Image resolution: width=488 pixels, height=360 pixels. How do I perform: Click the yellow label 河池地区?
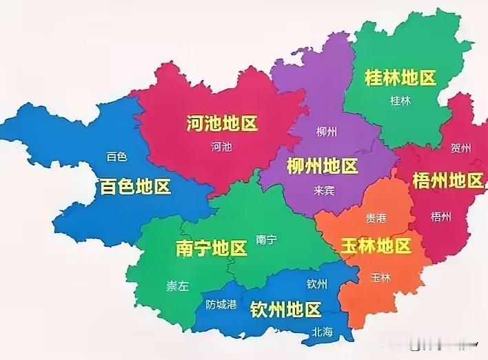pos(222,124)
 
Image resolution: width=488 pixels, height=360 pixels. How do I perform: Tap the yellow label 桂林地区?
pos(400,78)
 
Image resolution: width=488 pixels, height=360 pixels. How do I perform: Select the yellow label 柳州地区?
pos(322,166)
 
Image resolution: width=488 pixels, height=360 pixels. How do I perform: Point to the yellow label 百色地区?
pos(135,186)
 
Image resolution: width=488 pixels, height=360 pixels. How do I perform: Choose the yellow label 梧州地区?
pos(447,181)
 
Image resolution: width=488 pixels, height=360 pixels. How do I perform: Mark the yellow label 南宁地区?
pos(212,248)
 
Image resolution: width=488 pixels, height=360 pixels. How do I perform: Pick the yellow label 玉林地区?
pos(376,246)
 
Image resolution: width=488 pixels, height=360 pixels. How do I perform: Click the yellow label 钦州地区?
pos(285,308)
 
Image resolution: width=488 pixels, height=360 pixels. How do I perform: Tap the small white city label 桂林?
pos(400,101)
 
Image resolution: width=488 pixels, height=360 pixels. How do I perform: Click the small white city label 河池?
pos(221,147)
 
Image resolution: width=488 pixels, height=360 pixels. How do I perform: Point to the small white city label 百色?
pos(117,157)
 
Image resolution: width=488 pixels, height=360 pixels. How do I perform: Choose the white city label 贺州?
pos(460,148)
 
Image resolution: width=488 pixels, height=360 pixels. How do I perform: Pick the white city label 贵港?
pos(376,218)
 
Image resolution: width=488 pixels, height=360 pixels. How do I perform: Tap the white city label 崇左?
pos(177,287)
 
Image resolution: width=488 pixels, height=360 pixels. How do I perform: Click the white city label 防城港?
pos(221,304)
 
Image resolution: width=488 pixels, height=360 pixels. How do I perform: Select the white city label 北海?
pos(322,332)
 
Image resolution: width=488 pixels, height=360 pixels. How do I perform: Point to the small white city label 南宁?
pos(266,240)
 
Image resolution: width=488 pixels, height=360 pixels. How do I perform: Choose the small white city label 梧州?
pos(440,217)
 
